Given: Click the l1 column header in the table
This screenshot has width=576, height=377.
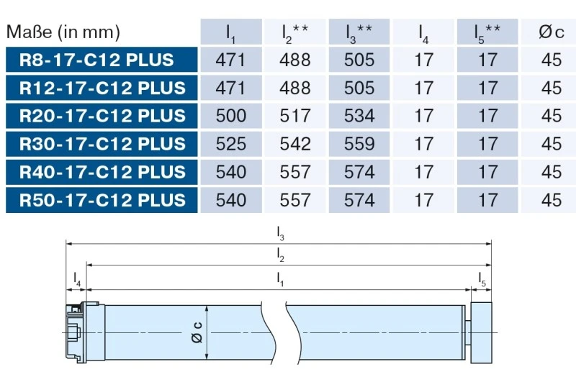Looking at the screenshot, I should [x=230, y=32].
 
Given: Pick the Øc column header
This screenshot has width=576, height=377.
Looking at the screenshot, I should [x=551, y=32].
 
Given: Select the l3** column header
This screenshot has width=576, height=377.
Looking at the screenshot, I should [x=359, y=32].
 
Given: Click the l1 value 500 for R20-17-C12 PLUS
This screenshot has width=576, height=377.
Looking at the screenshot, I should [x=230, y=116].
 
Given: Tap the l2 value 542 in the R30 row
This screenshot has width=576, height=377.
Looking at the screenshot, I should [x=295, y=144].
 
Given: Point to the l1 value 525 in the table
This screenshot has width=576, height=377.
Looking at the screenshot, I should [x=230, y=144].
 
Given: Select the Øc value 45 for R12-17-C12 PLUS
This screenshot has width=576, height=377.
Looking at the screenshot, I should [x=551, y=88].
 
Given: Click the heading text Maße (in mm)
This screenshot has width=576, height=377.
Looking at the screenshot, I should [x=63, y=32].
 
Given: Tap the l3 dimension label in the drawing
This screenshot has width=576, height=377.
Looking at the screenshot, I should [x=281, y=233].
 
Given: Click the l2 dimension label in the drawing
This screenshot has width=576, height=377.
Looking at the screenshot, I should [x=281, y=254].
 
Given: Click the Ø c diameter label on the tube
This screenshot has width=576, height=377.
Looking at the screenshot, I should [x=197, y=332].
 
